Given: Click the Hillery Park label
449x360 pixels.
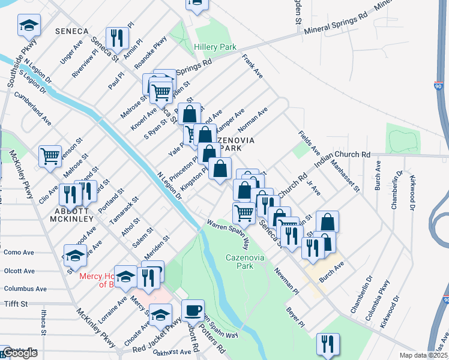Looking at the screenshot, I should click(x=215, y=47).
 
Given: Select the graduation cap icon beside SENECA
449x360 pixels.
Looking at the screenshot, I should click(x=28, y=26).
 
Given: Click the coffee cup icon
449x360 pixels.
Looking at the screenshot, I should click(x=193, y=311).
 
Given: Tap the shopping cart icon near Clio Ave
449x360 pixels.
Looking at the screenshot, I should click(x=50, y=156).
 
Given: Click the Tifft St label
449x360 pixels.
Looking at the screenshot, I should click(x=17, y=304).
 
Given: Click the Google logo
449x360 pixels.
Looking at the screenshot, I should click(x=19, y=353).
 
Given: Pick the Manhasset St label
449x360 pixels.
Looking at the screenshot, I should click(x=345, y=176).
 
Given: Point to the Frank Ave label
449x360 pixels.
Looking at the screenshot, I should click(x=252, y=67).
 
